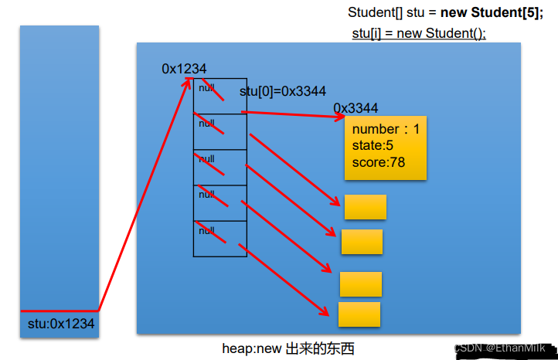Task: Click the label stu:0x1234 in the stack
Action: coord(60,324)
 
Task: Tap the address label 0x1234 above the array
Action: coord(184,69)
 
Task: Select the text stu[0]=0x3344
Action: coord(282,91)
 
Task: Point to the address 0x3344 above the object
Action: coord(356,108)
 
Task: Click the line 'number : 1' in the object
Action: coord(386,129)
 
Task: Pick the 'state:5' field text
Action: coord(373,145)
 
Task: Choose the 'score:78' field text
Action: coord(378,162)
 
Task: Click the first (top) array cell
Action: coord(219,96)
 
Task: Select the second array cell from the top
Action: coord(219,131)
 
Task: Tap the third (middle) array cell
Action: coord(219,167)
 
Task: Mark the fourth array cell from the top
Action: coord(219,202)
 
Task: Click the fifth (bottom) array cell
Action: coord(219,239)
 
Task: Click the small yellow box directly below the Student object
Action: coord(365,207)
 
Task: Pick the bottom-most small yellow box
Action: coord(359,314)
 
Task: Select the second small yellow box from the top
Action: coord(362,242)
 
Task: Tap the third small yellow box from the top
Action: coord(360,284)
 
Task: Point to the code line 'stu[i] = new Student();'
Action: coord(418,33)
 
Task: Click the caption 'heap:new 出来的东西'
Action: coord(288,349)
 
